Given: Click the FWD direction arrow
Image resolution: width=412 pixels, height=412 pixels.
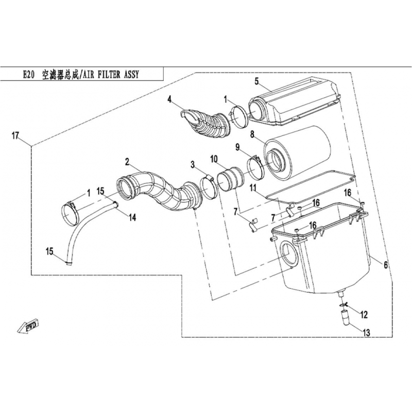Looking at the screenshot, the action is pos(28,327).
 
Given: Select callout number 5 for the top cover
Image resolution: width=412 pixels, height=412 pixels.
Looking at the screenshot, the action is pos(256,81).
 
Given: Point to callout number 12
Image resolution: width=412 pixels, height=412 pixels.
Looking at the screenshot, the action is pos(364,315).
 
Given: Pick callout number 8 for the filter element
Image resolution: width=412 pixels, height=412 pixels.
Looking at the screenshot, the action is pos(252,135).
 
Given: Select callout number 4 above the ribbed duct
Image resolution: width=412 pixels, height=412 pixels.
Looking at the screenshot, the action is pos(169,99).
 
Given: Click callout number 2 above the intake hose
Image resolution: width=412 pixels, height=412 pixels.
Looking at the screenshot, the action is pos(127,162).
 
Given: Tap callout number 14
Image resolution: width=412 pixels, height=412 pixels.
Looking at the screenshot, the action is pos(132,217).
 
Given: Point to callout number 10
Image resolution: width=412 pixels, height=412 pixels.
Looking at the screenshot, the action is pos(214,159).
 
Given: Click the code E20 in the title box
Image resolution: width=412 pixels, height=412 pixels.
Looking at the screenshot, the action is pos(29,75).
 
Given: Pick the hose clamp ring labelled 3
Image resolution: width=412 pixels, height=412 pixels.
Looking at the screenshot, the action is pos(209,187).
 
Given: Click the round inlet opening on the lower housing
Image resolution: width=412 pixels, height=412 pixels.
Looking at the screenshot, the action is pos(290,252).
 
